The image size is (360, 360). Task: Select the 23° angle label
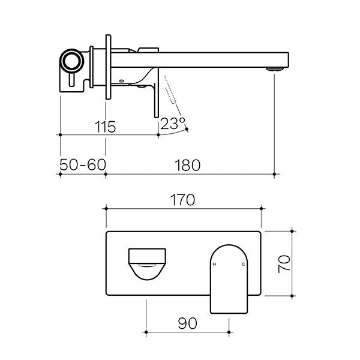click(x=173, y=125)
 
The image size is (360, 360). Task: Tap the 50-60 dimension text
click(x=82, y=164)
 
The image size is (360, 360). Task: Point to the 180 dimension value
click(x=188, y=164)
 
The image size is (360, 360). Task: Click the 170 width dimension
click(x=182, y=200)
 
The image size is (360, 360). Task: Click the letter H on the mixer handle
click(x=214, y=265)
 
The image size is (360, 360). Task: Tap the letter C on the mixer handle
click(x=243, y=265)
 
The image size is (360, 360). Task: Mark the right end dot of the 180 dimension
click(x=275, y=175)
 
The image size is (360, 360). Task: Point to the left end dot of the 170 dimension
click(x=106, y=208)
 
